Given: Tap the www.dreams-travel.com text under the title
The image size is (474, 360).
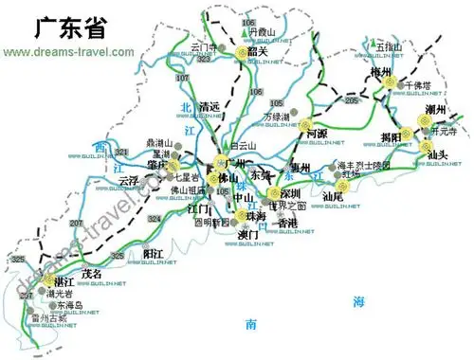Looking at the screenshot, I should [x=69, y=51].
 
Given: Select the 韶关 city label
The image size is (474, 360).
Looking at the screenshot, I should [x=260, y=54].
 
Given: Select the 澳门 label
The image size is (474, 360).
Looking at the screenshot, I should [x=248, y=235].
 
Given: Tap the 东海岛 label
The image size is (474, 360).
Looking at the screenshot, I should [x=70, y=306].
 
